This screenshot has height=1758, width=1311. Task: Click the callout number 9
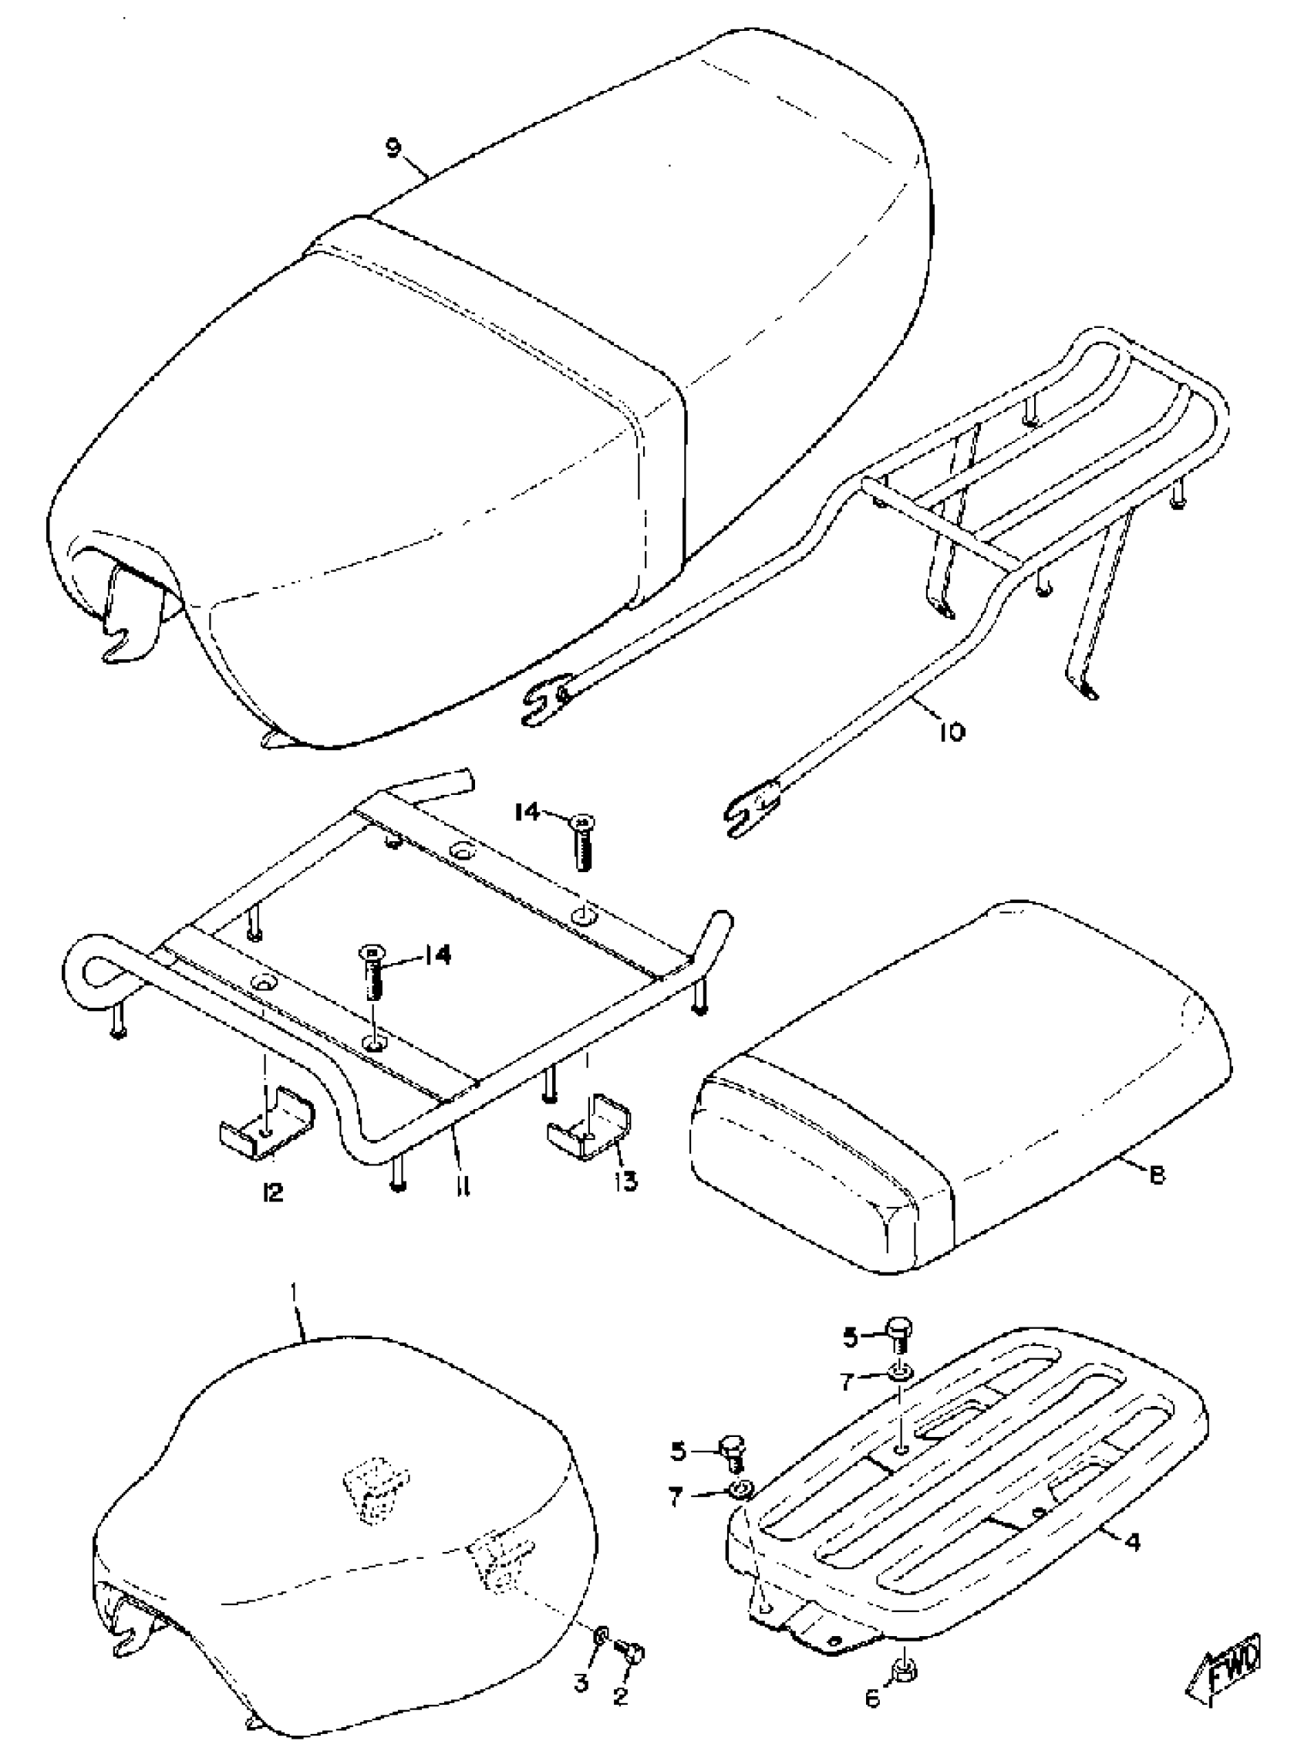[393, 147]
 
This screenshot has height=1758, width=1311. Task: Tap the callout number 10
[952, 731]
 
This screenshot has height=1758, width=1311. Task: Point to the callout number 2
[621, 1695]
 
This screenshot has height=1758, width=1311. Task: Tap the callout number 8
[1157, 1175]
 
